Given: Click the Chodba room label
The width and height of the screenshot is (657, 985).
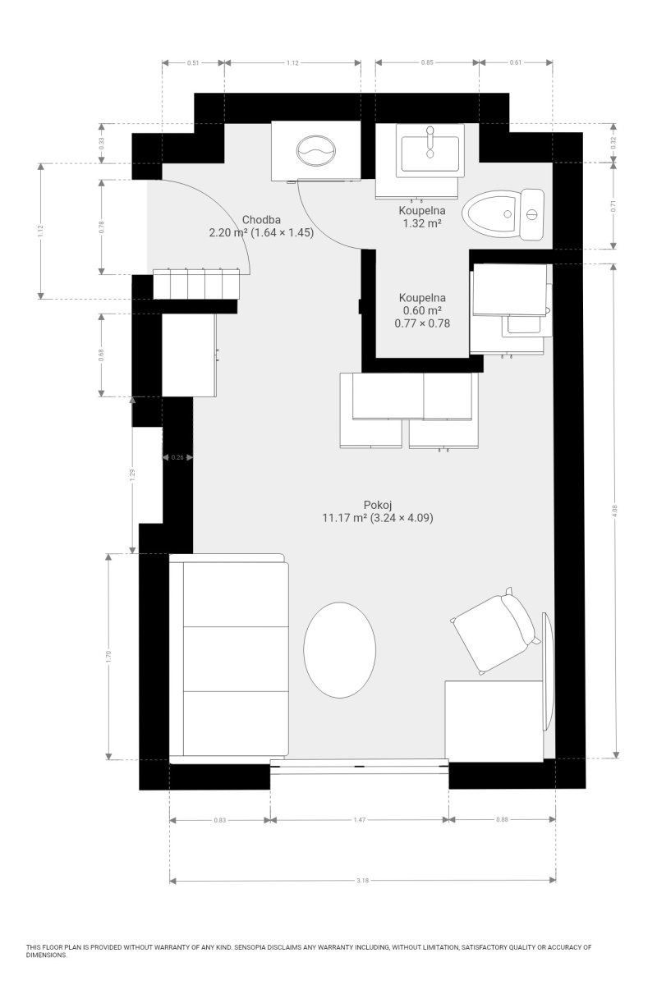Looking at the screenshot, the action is click(261, 220).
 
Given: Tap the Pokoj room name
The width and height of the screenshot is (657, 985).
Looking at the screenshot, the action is click(378, 505).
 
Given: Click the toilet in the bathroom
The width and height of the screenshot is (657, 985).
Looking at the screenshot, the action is click(503, 214).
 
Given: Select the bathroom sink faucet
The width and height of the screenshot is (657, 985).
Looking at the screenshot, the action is click(430, 141).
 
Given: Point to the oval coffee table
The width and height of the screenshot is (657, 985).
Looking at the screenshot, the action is click(339, 650).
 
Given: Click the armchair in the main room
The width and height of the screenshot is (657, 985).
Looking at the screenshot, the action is click(495, 630).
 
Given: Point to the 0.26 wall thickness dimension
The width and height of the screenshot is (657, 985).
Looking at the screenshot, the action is click(177, 457).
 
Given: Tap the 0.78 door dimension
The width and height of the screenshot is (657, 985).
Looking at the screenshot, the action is click(102, 227).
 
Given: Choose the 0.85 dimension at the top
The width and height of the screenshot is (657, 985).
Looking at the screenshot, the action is click(427, 62).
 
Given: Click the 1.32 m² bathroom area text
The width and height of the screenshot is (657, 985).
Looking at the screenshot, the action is click(422, 223).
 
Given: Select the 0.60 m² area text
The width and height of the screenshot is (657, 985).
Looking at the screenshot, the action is click(422, 310).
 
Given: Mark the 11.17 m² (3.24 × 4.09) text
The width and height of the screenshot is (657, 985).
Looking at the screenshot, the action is click(378, 518).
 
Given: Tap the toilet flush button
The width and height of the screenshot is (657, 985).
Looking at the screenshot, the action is click(532, 214).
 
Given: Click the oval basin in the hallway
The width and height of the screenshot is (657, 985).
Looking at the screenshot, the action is click(316, 150).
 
